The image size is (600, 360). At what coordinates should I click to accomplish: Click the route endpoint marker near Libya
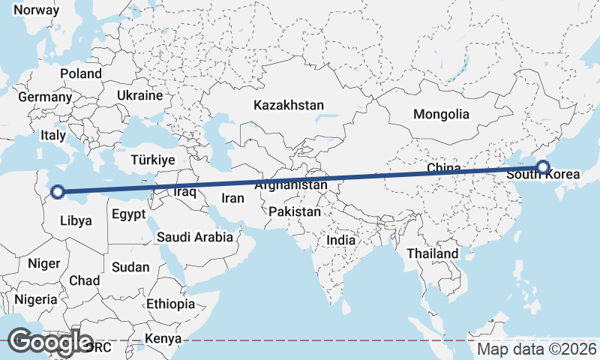(x=57, y=193)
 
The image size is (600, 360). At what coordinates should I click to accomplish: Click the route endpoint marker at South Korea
(x=542, y=167)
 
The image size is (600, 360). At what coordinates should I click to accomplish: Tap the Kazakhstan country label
(x=288, y=105)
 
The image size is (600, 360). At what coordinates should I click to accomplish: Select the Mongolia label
(x=441, y=115)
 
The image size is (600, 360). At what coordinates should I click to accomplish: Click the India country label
(x=340, y=241)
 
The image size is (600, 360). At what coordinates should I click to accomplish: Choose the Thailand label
(x=432, y=253)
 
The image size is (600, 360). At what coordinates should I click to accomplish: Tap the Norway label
(x=36, y=10)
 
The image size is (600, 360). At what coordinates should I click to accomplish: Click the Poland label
(x=80, y=73)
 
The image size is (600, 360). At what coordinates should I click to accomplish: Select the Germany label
(x=45, y=97)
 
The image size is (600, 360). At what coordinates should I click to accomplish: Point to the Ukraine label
(x=139, y=96)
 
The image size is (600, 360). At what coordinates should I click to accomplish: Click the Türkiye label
(x=152, y=160)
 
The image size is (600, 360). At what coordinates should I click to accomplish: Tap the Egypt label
(x=128, y=214)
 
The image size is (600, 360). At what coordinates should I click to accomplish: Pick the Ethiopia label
(x=170, y=304)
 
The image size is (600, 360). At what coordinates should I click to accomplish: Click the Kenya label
(x=163, y=338)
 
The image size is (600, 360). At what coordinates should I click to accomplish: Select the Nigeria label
(x=36, y=299)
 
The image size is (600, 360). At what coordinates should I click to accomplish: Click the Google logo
(x=50, y=342)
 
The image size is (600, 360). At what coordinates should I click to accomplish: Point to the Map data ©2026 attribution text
(x=537, y=349)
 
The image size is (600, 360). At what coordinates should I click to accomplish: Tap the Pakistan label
(x=295, y=212)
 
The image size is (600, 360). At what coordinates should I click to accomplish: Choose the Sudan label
(x=130, y=267)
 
